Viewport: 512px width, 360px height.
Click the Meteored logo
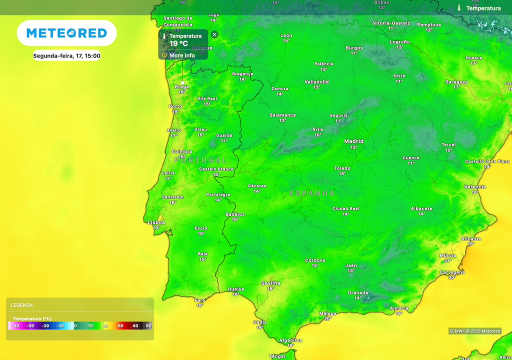pyautogui.click(x=66, y=33)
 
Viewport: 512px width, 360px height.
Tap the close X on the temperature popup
pyautogui.click(x=214, y=34)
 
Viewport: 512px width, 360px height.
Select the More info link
pyautogui.click(x=182, y=55)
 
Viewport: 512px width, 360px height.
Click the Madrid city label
pyautogui.click(x=353, y=141)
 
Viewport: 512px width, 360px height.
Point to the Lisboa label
pyautogui.click(x=156, y=222)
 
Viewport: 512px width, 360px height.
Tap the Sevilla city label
pyautogui.click(x=270, y=283)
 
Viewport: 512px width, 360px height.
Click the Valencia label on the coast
pyautogui.click(x=474, y=186)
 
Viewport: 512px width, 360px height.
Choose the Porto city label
pyautogui.click(x=175, y=106)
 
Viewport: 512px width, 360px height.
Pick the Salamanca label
pyautogui.click(x=282, y=115)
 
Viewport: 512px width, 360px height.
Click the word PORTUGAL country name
pyautogui.click(x=200, y=160)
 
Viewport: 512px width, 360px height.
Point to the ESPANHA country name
pyautogui.click(x=311, y=193)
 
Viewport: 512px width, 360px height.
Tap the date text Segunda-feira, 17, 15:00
pyautogui.click(x=66, y=56)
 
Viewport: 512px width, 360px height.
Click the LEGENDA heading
pyautogui.click(x=22, y=305)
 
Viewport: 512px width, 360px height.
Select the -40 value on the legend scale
pyautogui.click(x=15, y=326)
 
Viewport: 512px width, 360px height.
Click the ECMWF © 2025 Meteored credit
pyautogui.click(x=474, y=331)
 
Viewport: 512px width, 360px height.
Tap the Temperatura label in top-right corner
pyautogui.click(x=483, y=8)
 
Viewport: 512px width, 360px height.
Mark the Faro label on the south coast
pyautogui.click(x=200, y=300)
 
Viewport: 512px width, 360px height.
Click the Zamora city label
pyautogui.click(x=279, y=88)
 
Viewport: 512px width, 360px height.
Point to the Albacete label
pyautogui.click(x=421, y=208)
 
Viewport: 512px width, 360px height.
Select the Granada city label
pyautogui.click(x=358, y=292)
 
